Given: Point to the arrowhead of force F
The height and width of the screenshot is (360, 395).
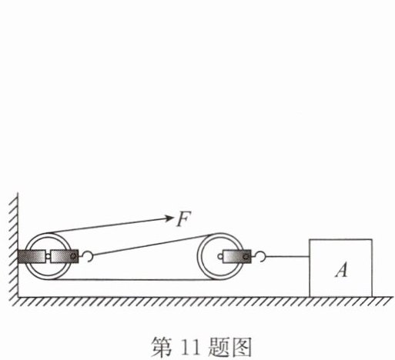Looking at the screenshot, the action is (x=169, y=218).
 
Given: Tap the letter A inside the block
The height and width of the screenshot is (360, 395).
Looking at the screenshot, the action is (x=342, y=270).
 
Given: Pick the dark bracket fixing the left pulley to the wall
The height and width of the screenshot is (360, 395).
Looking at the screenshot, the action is (x=32, y=256).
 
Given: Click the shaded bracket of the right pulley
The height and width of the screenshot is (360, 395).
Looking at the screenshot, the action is (x=237, y=256).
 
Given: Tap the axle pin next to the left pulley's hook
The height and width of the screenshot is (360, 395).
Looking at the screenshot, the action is (x=73, y=256).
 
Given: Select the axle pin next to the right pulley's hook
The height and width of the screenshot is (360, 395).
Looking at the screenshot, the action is (x=246, y=256).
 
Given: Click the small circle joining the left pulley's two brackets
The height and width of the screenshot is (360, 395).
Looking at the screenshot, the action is (x=48, y=256).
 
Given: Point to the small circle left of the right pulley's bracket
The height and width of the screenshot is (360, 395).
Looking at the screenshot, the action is (x=220, y=256).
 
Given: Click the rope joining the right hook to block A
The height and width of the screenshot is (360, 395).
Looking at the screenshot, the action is (x=287, y=256).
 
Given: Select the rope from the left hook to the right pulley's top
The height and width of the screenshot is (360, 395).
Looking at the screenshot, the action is (x=152, y=245).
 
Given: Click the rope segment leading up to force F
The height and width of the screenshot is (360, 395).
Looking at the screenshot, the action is (x=108, y=225).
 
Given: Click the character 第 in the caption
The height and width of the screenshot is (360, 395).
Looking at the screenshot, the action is (x=162, y=348).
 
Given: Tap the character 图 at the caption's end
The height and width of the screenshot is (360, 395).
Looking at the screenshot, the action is (x=241, y=348).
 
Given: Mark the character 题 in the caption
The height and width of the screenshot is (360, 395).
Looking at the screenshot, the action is (x=218, y=348).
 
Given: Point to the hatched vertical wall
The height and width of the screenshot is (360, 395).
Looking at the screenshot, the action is (x=13, y=246).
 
